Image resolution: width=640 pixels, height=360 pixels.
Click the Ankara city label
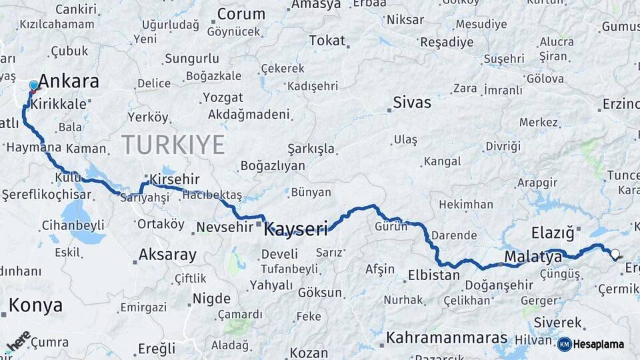[69, 81]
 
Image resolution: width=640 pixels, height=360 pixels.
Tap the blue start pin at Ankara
[34, 86]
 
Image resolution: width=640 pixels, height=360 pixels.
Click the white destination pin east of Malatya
[615, 254]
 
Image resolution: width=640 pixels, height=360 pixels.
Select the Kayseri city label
[296, 230]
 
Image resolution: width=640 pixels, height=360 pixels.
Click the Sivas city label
[411, 103]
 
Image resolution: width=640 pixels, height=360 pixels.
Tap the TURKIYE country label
[173, 143]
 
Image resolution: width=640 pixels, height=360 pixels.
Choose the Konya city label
[36, 305]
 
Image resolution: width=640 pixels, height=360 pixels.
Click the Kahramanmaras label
[447, 337]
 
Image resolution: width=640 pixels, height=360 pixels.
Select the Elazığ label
[553, 233]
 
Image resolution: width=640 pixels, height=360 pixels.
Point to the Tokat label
[327, 41]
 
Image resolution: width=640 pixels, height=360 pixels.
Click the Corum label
[241, 14]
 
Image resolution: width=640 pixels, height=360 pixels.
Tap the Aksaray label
[167, 255]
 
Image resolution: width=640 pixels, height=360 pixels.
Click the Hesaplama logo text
[599, 344]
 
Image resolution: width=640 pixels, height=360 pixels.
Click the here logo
[19, 340]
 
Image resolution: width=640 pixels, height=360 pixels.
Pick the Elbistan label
[433, 274]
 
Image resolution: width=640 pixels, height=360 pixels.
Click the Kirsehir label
[175, 180]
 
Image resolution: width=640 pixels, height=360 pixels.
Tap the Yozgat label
[223, 97]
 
